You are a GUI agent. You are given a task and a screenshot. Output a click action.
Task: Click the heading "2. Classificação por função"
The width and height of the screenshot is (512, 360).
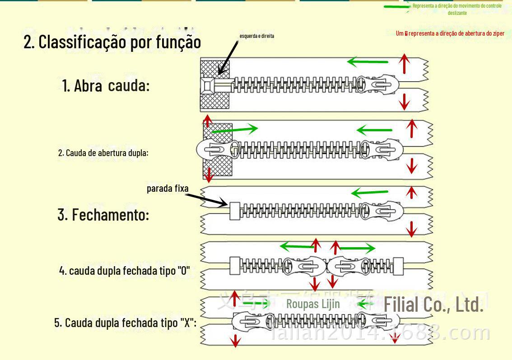coord(112,42)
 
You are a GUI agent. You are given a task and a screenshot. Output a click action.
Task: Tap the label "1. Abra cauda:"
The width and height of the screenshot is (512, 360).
coord(106,85)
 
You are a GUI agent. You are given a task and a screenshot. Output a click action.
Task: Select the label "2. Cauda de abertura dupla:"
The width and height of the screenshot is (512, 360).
coord(103,153)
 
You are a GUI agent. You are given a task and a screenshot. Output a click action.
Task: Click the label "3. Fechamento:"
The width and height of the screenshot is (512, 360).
coord(103,215)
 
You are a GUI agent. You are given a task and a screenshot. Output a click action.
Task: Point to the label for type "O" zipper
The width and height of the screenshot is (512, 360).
coord(124,271)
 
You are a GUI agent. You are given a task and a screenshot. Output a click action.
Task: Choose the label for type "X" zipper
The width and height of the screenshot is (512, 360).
coord(125,323)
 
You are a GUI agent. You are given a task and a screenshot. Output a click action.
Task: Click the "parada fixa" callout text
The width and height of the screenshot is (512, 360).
coord(168,189)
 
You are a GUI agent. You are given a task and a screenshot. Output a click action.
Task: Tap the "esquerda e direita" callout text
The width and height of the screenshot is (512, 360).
coord(256,36)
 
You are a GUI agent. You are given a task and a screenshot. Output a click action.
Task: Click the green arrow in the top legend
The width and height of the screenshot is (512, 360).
coord(397,6)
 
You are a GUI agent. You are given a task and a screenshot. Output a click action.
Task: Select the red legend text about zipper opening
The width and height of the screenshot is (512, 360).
coord(450,33)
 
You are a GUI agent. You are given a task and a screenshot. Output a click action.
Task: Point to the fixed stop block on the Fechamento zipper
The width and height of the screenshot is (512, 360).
coord(234,211)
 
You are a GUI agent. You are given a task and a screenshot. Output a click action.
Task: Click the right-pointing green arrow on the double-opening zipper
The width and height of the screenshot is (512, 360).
coord(234,129)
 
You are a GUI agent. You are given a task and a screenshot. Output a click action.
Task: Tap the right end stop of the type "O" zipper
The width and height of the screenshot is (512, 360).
coord(398,265)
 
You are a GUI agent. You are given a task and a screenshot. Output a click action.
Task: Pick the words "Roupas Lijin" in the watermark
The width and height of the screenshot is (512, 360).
coord(313,304)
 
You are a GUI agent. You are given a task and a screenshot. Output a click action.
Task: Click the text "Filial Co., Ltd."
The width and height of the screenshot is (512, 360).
coord(433,305)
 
